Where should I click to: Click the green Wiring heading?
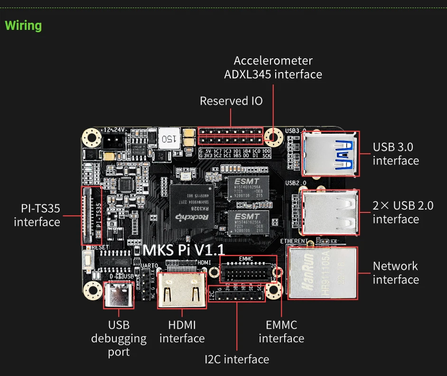click(x=23, y=26)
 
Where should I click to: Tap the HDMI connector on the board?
click(x=182, y=290)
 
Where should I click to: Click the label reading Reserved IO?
click(x=231, y=101)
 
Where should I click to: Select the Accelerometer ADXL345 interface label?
click(x=273, y=67)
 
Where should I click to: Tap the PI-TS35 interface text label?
click(x=37, y=215)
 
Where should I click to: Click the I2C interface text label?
click(x=237, y=359)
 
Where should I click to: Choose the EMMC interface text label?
click(x=281, y=331)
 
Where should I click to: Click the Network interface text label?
click(x=396, y=273)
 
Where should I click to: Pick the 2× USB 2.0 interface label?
click(x=402, y=212)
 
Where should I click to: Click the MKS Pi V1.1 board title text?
click(x=184, y=250)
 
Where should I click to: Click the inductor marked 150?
click(x=169, y=138)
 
